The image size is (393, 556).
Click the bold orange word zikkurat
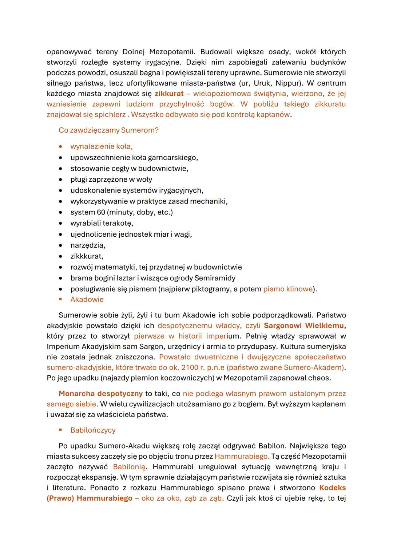click(x=169, y=94)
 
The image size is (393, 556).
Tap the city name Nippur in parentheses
click(x=286, y=83)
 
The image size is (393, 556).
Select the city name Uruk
click(x=259, y=83)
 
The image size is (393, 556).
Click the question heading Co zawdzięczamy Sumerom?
click(x=108, y=130)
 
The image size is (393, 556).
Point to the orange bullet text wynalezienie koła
click(x=101, y=147)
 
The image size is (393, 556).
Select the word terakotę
click(x=118, y=223)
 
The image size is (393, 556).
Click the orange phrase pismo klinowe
click(x=288, y=289)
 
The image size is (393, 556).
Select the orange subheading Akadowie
click(x=87, y=300)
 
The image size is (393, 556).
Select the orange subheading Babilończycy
click(x=93, y=430)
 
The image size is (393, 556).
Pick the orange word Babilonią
click(x=129, y=467)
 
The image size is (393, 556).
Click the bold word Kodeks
click(x=332, y=488)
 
